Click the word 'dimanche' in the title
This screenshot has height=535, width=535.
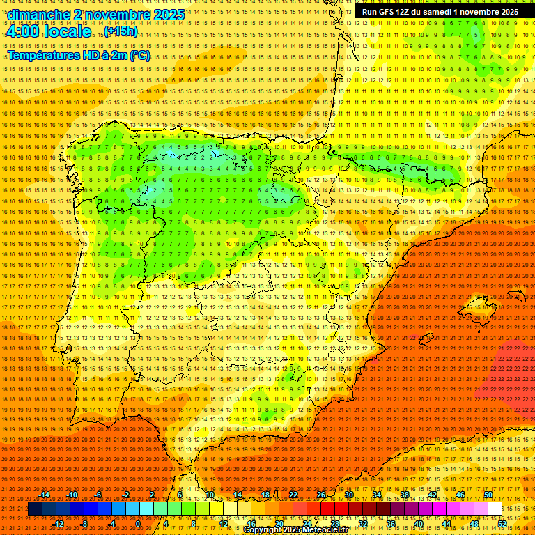[39, 15]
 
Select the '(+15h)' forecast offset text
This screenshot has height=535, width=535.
[121, 32]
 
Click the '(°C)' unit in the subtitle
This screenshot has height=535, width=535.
[139, 56]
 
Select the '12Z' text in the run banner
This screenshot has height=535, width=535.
[403, 12]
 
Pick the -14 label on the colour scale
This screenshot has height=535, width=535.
[45, 495]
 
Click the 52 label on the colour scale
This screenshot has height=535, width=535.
[502, 524]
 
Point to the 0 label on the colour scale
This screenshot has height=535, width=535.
[138, 524]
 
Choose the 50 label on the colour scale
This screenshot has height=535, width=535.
[488, 495]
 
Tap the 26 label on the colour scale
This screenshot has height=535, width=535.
[321, 495]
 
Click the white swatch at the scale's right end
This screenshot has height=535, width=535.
[495, 509]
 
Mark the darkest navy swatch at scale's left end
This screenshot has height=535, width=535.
[35, 509]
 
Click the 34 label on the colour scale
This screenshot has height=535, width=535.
[377, 495]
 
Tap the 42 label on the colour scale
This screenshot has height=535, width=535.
[433, 495]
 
